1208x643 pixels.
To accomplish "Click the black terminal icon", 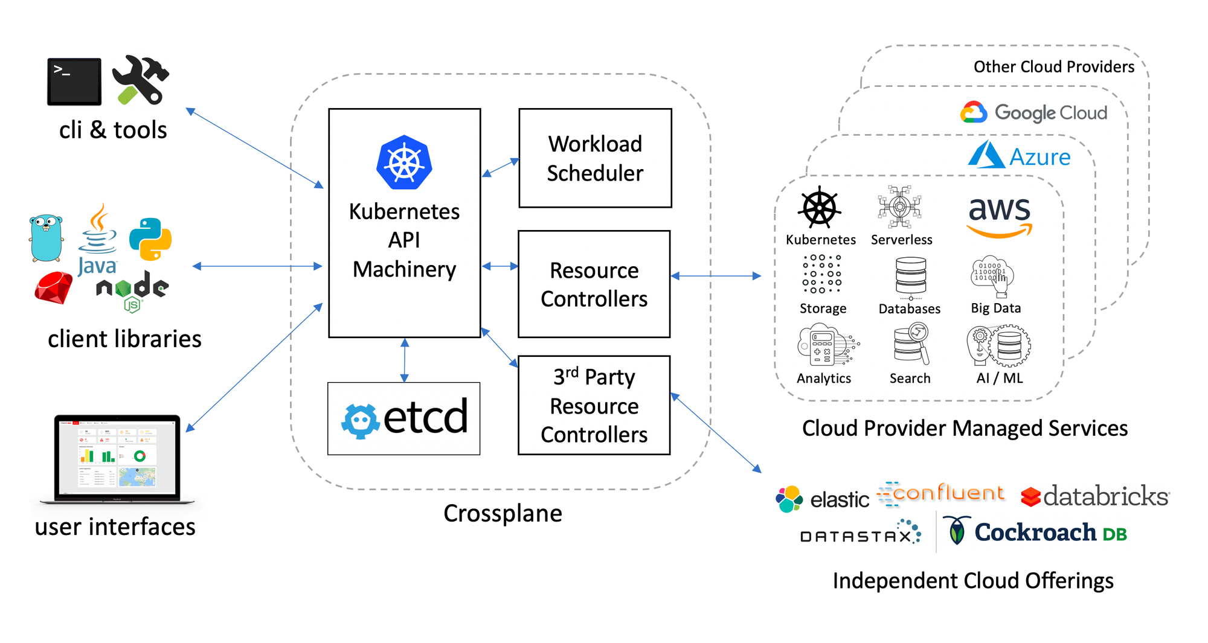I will (x=74, y=82).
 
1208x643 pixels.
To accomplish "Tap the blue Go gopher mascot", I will (x=46, y=238).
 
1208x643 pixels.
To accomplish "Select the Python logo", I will (x=150, y=239).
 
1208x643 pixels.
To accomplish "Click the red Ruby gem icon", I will (x=53, y=287).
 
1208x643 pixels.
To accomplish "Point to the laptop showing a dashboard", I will (x=117, y=458).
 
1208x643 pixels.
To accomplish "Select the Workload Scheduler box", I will (x=595, y=158).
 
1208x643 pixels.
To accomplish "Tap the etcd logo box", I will (x=403, y=418).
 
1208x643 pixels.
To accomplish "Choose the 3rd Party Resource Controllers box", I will (x=594, y=405).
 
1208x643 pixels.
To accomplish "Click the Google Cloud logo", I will (x=1033, y=112).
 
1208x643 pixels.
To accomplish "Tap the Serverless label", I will (x=901, y=240).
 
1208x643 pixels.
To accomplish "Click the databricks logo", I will (x=1095, y=496).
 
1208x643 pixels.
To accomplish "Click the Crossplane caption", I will (x=503, y=513).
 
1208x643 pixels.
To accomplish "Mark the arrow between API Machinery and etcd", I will (x=405, y=360).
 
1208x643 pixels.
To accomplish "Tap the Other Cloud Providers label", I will (x=1053, y=66).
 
